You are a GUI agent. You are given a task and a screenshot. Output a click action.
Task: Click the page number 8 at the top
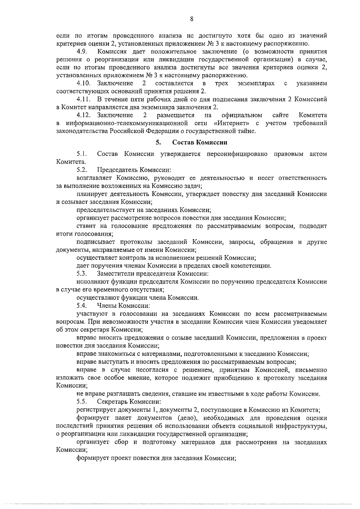[x=191, y=19]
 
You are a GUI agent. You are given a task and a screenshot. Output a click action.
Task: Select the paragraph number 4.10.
[x=83, y=83]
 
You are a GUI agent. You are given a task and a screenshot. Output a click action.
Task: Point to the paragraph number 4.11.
[x=83, y=99]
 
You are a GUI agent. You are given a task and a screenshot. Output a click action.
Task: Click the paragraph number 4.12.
[x=83, y=115]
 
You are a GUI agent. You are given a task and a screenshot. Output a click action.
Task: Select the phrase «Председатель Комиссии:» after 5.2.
[x=134, y=170]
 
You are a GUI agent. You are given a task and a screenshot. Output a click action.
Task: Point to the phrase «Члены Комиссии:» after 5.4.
[x=123, y=306]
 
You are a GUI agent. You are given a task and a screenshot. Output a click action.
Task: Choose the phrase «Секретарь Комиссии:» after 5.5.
[x=129, y=402]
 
